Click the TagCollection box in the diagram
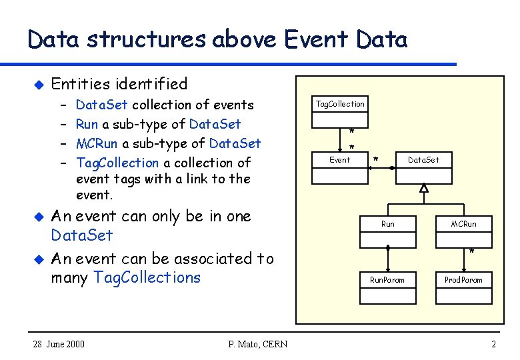point(340,104)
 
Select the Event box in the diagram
point(340,160)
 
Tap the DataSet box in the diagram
point(423,160)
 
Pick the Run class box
point(387,224)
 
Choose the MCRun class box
point(463,224)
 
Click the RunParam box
point(387,280)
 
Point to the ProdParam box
point(463,280)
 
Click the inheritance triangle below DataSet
point(424,189)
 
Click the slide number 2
point(493,344)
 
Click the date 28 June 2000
point(59,344)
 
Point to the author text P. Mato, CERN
point(257,344)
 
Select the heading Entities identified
point(119,84)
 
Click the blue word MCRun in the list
point(97,143)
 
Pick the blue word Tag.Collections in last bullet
point(147,277)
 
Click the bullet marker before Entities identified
point(38,85)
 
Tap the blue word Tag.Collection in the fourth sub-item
point(117,163)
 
